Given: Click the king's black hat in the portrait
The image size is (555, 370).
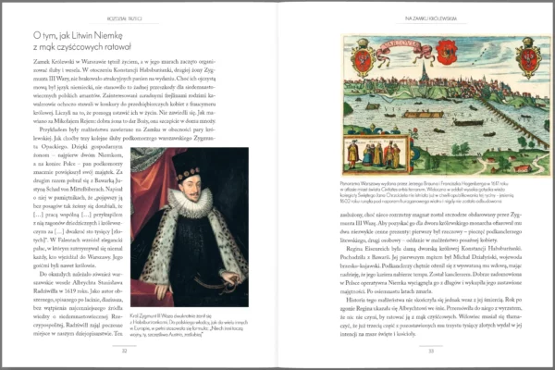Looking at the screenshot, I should click(188, 172).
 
